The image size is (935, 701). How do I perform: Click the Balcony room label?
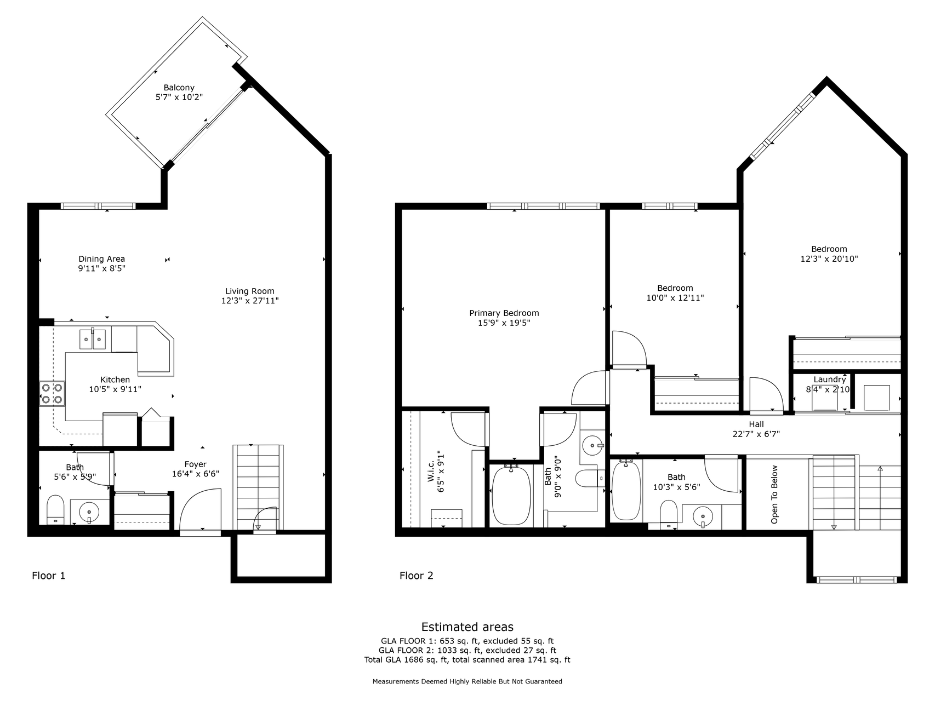click(179, 88)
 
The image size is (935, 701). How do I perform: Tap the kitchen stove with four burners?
click(52, 394)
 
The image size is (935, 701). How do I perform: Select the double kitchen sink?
click(92, 340)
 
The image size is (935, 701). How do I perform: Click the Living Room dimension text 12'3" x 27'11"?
click(250, 301)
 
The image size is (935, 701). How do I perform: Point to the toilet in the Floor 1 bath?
click(55, 510)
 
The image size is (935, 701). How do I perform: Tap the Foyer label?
click(196, 464)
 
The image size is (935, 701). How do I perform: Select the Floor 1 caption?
click(49, 576)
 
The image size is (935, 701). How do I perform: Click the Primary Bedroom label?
click(504, 313)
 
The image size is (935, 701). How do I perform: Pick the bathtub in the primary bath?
click(511, 495)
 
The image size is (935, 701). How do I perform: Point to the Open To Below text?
click(774, 495)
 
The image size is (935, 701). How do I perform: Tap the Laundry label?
click(830, 380)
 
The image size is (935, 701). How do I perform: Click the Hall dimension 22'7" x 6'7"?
click(757, 434)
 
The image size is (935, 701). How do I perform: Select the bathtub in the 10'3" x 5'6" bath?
click(626, 490)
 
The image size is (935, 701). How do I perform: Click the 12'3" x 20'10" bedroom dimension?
click(829, 259)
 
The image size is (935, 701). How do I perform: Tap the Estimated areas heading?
click(467, 627)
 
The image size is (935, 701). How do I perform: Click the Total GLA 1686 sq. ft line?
click(467, 660)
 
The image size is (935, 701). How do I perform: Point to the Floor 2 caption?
click(417, 576)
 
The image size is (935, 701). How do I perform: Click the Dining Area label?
click(102, 259)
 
